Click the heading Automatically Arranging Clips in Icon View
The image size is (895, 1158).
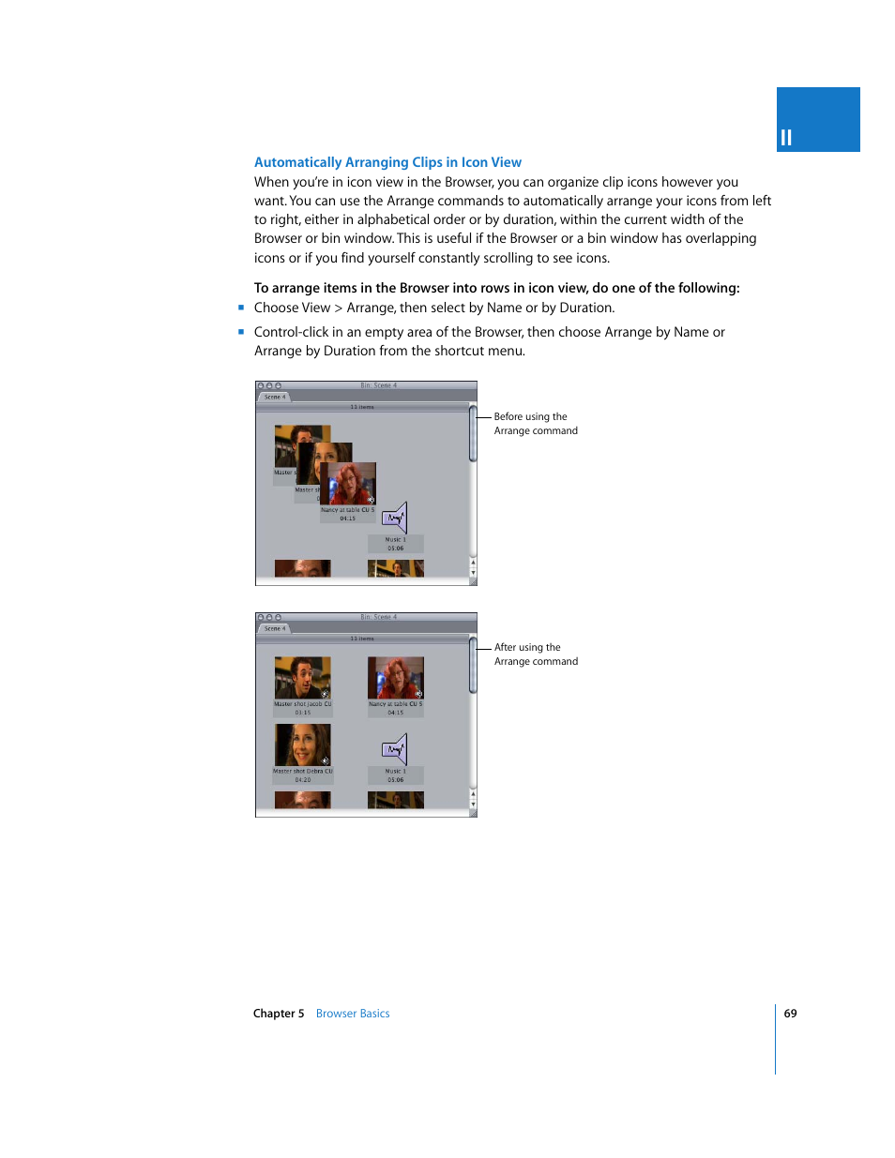click(x=387, y=162)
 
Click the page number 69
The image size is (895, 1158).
click(x=790, y=1014)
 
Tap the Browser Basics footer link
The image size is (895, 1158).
click(x=353, y=1014)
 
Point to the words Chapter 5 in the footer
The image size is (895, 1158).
click(x=279, y=1014)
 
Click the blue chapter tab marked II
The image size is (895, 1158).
click(x=817, y=120)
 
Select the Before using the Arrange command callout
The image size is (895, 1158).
click(x=535, y=424)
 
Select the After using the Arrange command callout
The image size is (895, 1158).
click(x=536, y=654)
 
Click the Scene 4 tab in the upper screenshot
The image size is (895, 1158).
click(x=274, y=398)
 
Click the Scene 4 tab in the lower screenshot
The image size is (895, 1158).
click(x=274, y=629)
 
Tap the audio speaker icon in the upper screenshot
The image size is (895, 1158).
click(x=395, y=518)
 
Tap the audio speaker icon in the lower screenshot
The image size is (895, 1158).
click(x=395, y=749)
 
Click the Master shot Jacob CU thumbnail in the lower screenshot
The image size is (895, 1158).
click(x=302, y=677)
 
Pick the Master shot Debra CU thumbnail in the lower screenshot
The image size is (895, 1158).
click(x=302, y=744)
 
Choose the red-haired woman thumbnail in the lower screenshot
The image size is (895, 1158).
click(x=395, y=677)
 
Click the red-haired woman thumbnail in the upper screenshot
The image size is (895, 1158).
click(x=349, y=484)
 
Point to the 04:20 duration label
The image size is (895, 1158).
click(x=302, y=780)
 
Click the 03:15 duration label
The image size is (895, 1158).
click(x=302, y=713)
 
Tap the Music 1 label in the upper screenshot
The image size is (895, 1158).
click(x=395, y=540)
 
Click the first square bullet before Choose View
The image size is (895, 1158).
click(x=241, y=308)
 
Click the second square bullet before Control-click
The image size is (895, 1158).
click(x=241, y=332)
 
